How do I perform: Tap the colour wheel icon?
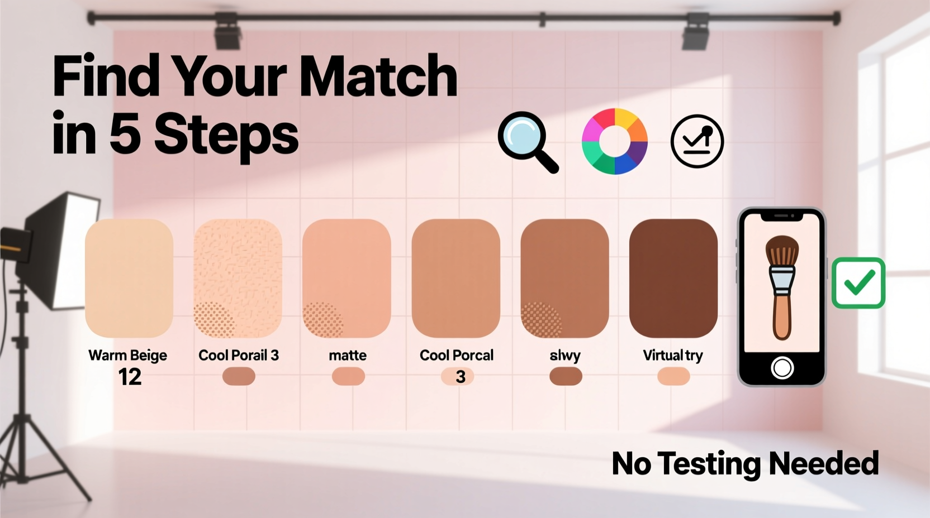click(614, 141)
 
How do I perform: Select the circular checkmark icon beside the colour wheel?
click(697, 141)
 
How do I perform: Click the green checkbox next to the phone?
click(858, 282)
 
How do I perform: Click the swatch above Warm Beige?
click(129, 278)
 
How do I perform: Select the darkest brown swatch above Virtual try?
click(673, 278)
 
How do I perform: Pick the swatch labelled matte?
click(347, 278)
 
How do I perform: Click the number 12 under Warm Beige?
click(130, 377)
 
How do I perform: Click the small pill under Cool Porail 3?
click(239, 376)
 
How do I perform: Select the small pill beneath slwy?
click(566, 376)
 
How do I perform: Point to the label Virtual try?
click(673, 356)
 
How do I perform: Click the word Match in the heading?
click(379, 76)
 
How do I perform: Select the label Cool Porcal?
click(457, 356)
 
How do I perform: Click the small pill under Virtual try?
click(673, 376)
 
